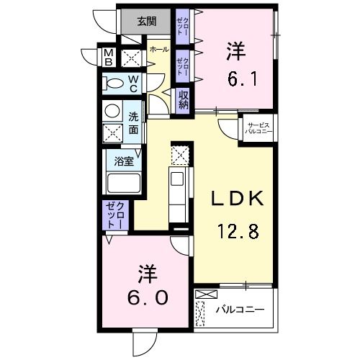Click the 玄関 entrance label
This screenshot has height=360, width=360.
[146, 21]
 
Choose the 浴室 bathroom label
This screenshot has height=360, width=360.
[124, 161]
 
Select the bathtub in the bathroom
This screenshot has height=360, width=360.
[124, 183]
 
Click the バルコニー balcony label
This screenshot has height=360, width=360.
[240, 310]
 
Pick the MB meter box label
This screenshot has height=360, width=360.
[108, 57]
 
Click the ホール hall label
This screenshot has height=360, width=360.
[158, 49]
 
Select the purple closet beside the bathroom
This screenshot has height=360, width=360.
[114, 216]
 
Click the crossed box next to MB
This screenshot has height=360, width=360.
[131, 58]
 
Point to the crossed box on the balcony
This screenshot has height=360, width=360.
[204, 294]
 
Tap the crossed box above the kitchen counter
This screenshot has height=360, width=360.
[180, 154]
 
